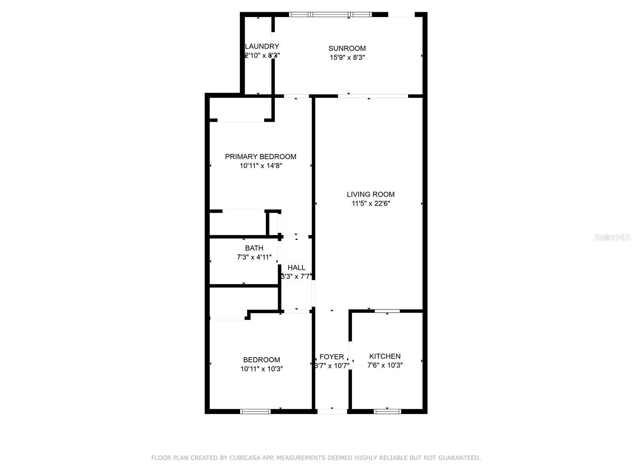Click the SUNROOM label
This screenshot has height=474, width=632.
pyautogui.click(x=347, y=48)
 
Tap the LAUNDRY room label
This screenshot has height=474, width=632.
pyautogui.click(x=262, y=46)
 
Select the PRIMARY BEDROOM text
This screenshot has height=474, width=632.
pyautogui.click(x=260, y=156)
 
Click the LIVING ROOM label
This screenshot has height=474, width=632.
pyautogui.click(x=371, y=194)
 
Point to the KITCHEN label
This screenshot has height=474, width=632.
pyautogui.click(x=385, y=356)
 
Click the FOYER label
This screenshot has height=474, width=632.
pyautogui.click(x=331, y=356)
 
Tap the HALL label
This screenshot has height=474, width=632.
pyautogui.click(x=296, y=267)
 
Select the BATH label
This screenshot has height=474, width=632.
pyautogui.click(x=254, y=248)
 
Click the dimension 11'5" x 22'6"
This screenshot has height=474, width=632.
pyautogui.click(x=371, y=203)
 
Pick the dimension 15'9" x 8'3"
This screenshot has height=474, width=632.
pyautogui.click(x=347, y=57)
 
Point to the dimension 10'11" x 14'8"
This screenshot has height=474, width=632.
pyautogui.click(x=260, y=166)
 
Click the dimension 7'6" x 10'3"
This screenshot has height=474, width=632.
pyautogui.click(x=385, y=365)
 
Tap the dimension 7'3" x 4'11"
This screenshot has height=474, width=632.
pyautogui.click(x=254, y=257)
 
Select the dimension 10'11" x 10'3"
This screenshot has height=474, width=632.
pyautogui.click(x=261, y=369)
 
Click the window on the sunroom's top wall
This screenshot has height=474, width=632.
pyautogui.click(x=330, y=15)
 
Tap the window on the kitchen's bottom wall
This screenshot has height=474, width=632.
pyautogui.click(x=387, y=412)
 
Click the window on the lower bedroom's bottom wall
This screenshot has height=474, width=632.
pyautogui.click(x=255, y=412)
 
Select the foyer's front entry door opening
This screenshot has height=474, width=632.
pyautogui.click(x=332, y=412)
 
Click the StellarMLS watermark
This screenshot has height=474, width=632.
pyautogui.click(x=612, y=237)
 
